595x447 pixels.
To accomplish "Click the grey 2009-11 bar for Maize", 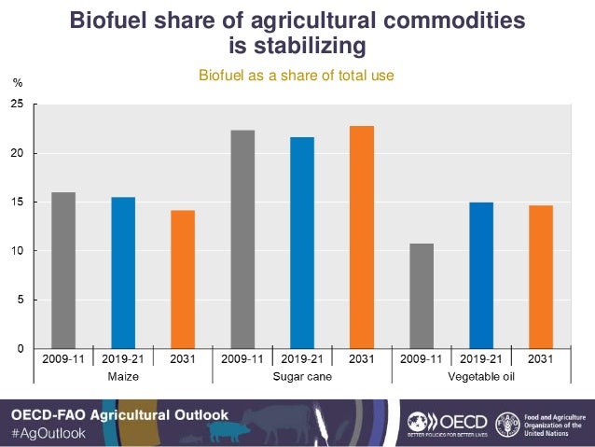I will [63, 271].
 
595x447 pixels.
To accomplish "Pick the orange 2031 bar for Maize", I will [183, 280].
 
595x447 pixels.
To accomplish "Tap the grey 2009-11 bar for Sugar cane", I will [242, 239].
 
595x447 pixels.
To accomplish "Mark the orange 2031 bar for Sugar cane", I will [362, 237].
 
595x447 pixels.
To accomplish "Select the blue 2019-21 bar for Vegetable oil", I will [481, 275].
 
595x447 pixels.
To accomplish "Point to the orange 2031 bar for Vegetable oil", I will [541, 277].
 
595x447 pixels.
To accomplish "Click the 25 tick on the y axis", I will [18, 105].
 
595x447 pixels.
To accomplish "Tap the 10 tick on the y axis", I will [18, 251].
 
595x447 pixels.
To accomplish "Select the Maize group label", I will [123, 377].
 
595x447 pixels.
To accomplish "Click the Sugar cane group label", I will [302, 377].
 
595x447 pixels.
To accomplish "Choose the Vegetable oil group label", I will [481, 377].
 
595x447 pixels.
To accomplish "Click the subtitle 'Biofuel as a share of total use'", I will [297, 75].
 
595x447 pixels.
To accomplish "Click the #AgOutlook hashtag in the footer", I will [48, 433].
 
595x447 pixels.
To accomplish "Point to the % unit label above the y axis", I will [17, 83].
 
